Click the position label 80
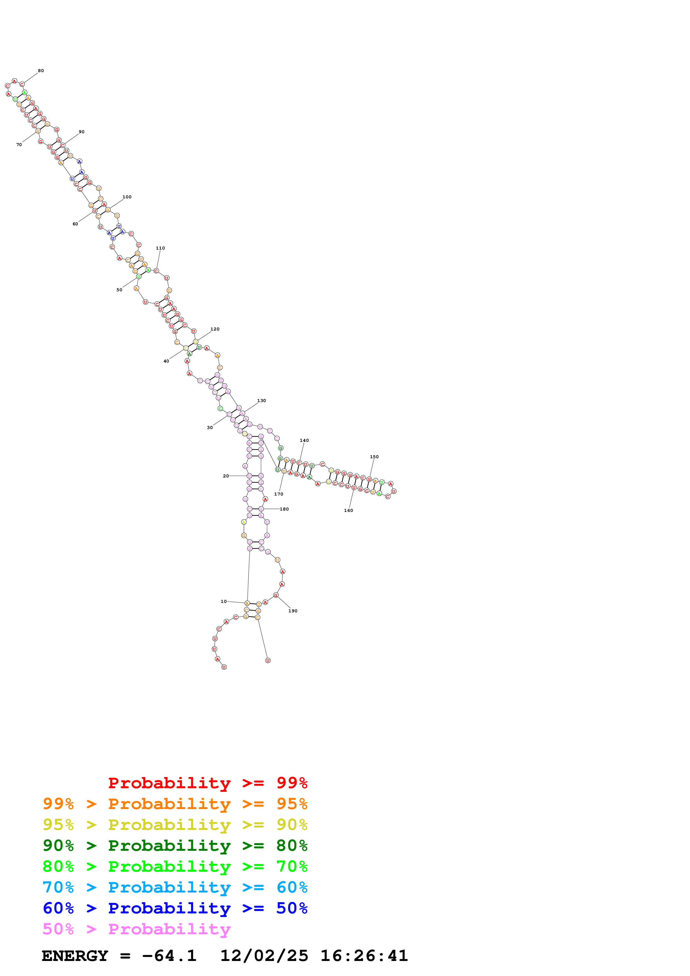pyautogui.click(x=41, y=71)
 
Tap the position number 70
pyautogui.click(x=19, y=144)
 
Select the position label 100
pyautogui.click(x=127, y=197)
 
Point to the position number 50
pyautogui.click(x=119, y=290)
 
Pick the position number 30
pyautogui.click(x=210, y=428)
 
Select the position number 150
pyautogui.click(x=374, y=457)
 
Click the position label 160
pyautogui.click(x=348, y=511)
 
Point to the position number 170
pyautogui.click(x=278, y=494)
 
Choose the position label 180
pyautogui.click(x=284, y=509)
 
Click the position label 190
pyautogui.click(x=293, y=611)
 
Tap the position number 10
pyautogui.click(x=224, y=602)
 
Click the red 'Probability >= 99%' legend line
pyautogui.click(x=207, y=783)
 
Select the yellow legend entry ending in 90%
pyautogui.click(x=175, y=825)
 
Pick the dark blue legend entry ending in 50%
pyautogui.click(x=175, y=908)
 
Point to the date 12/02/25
pyautogui.click(x=264, y=956)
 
